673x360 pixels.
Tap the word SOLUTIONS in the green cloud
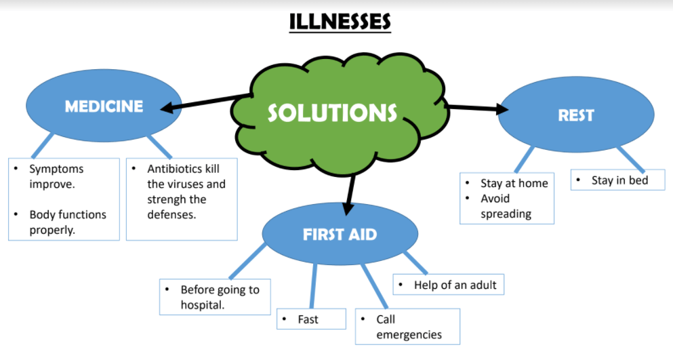click(x=332, y=113)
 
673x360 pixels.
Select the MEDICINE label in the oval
click(x=104, y=106)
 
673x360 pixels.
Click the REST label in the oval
click(x=575, y=115)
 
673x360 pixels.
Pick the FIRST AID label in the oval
click(x=340, y=235)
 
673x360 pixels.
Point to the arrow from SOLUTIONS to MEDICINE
click(x=203, y=102)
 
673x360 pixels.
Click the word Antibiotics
click(x=175, y=168)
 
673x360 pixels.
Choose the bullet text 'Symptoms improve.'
click(x=56, y=176)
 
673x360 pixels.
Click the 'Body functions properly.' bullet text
click(x=68, y=222)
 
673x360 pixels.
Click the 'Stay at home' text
click(x=514, y=183)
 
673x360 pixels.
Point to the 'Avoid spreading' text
click(x=506, y=206)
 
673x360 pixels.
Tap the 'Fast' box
click(x=308, y=319)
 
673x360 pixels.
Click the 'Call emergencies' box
click(x=409, y=327)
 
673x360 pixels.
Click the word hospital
click(x=201, y=305)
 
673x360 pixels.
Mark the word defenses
click(x=172, y=215)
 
